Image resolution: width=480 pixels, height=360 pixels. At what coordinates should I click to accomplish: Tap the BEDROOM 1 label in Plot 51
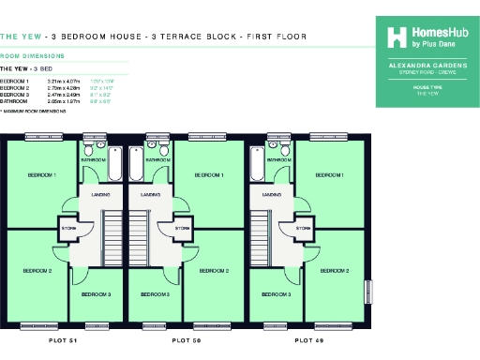click(x=41, y=175)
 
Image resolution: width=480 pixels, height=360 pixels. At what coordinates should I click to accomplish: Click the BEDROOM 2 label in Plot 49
click(x=334, y=271)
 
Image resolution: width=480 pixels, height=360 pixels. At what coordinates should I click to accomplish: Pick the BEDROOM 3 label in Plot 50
click(x=156, y=294)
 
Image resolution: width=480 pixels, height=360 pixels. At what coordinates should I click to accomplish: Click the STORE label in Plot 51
click(x=68, y=227)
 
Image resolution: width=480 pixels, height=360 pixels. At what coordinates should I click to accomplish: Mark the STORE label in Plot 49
click(x=304, y=227)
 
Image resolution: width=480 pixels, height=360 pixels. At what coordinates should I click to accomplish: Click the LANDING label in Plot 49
click(x=274, y=195)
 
